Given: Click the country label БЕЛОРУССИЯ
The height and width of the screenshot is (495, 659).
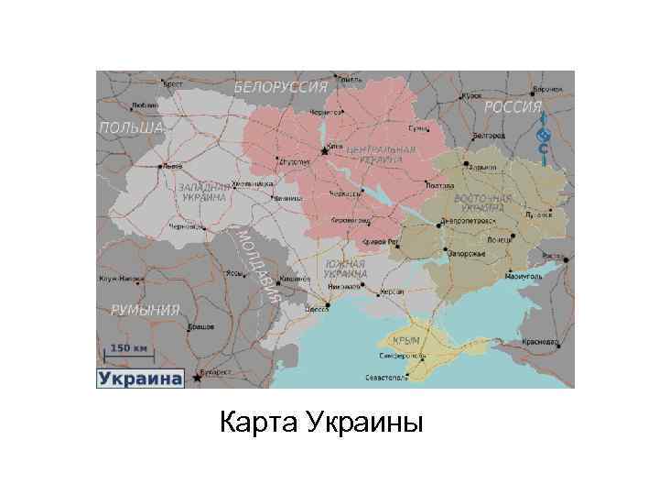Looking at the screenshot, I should [281, 87].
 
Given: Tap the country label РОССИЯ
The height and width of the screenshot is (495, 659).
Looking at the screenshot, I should [513, 107].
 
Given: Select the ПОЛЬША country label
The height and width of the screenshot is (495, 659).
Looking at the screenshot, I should [131, 126].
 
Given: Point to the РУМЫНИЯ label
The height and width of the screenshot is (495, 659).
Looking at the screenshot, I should [145, 310].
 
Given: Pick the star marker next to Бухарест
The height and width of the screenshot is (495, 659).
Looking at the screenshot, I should [195, 377].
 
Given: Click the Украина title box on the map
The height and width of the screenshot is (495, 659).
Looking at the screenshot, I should [139, 378].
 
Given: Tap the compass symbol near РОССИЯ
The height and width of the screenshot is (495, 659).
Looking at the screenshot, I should [543, 137].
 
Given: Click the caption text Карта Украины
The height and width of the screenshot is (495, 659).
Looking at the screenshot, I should [321, 425].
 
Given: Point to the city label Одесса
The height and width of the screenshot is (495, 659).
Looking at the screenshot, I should [318, 310].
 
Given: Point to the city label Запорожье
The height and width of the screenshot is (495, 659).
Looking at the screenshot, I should [466, 254].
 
